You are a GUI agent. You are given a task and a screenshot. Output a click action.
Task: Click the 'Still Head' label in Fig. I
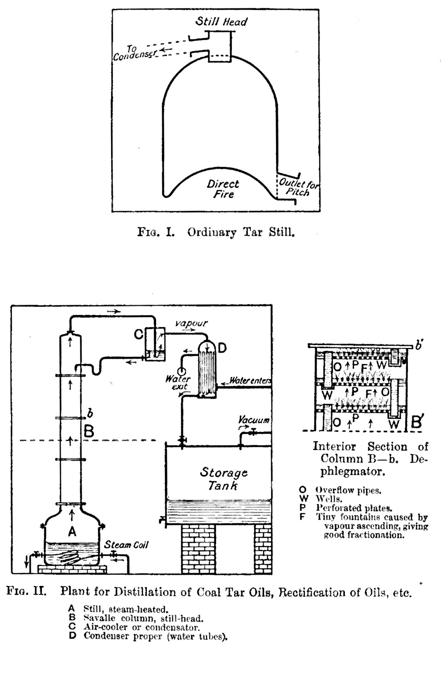pyautogui.click(x=221, y=22)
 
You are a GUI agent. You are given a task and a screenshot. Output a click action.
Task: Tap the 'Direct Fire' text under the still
pyautogui.click(x=223, y=189)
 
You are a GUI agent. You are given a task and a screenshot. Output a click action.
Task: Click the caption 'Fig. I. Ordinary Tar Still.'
pyautogui.click(x=216, y=232)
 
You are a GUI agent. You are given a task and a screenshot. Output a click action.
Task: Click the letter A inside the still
pyautogui.click(x=72, y=532)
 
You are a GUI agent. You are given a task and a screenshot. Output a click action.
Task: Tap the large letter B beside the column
pyautogui.click(x=89, y=431)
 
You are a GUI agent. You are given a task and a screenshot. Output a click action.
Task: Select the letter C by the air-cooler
pyautogui.click(x=138, y=335)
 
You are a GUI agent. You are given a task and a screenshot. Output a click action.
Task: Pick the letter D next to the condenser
pyautogui.click(x=222, y=348)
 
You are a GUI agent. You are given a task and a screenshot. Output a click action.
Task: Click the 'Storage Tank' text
pyautogui.click(x=224, y=479)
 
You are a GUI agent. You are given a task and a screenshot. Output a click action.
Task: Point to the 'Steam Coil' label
pyautogui.click(x=126, y=545)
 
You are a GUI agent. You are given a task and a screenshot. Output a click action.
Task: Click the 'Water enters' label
pyautogui.click(x=249, y=380)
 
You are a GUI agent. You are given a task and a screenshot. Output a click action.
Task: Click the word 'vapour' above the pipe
pyautogui.click(x=191, y=323)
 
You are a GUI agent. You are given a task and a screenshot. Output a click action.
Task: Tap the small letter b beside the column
pyautogui.click(x=90, y=413)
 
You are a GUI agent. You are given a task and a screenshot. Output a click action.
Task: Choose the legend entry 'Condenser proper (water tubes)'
pyautogui.click(x=155, y=636)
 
